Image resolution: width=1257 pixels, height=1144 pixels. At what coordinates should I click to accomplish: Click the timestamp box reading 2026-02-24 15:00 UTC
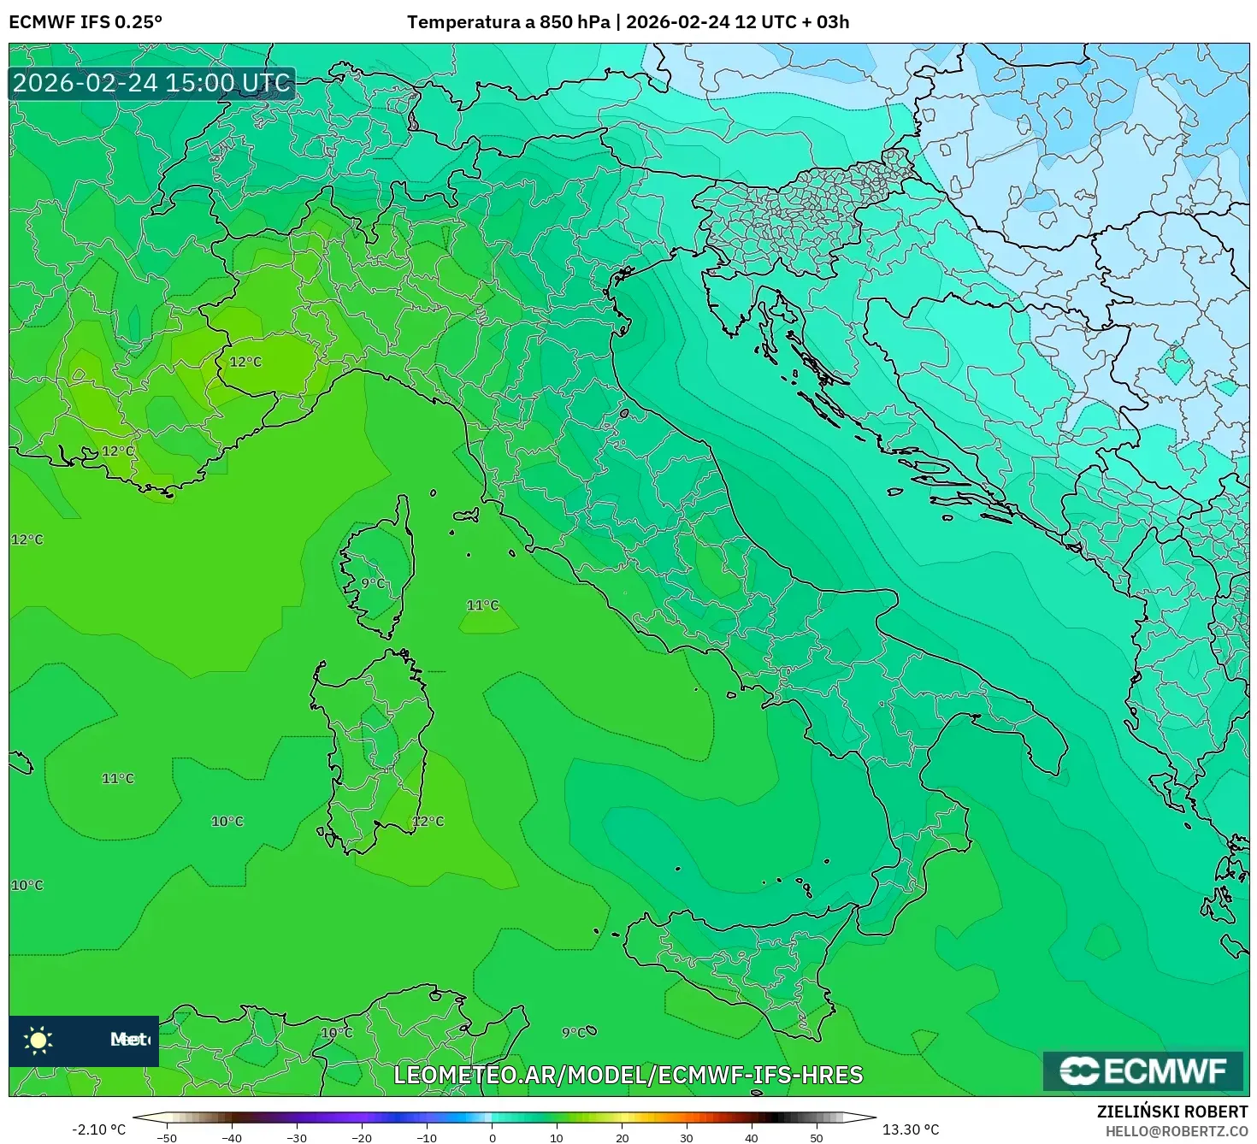coord(151,83)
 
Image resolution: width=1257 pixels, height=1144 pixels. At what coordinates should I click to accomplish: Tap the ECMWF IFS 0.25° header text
coord(86,22)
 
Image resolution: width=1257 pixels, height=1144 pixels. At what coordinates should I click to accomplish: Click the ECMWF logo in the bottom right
coord(1142,1070)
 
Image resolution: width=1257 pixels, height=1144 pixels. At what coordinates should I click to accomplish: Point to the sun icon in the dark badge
coord(38,1040)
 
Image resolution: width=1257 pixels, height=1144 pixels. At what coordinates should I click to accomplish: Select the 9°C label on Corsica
coord(373,583)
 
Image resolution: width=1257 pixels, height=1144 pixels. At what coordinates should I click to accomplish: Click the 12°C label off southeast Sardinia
coord(428,821)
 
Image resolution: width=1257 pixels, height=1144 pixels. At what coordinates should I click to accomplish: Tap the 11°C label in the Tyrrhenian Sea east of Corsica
coord(482,605)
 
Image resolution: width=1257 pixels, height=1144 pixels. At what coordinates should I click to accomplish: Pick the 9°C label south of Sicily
coord(574,1032)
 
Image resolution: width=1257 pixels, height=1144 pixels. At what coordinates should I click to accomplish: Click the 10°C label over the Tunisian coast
coord(336,1032)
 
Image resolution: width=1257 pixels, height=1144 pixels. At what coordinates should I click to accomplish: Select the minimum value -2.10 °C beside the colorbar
coord(98,1129)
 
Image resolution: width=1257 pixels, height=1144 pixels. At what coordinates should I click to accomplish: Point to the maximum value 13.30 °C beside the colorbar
coord(911,1129)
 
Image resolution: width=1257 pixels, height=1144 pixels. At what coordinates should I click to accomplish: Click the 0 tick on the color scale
coord(492,1137)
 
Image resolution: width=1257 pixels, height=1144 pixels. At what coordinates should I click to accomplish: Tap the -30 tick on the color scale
coord(296,1137)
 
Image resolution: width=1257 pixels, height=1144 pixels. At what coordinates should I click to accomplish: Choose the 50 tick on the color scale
coord(817,1137)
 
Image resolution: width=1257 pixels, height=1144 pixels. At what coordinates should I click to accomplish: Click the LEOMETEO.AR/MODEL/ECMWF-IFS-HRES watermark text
coord(628,1075)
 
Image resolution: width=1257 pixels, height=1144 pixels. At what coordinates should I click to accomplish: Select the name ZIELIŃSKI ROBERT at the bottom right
coord(1171,1112)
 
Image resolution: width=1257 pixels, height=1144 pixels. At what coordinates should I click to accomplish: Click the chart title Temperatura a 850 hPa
coord(509,22)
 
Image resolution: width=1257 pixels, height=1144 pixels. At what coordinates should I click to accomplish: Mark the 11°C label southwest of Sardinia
coord(118,778)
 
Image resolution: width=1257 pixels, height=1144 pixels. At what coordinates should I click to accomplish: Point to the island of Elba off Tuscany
coord(467,515)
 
